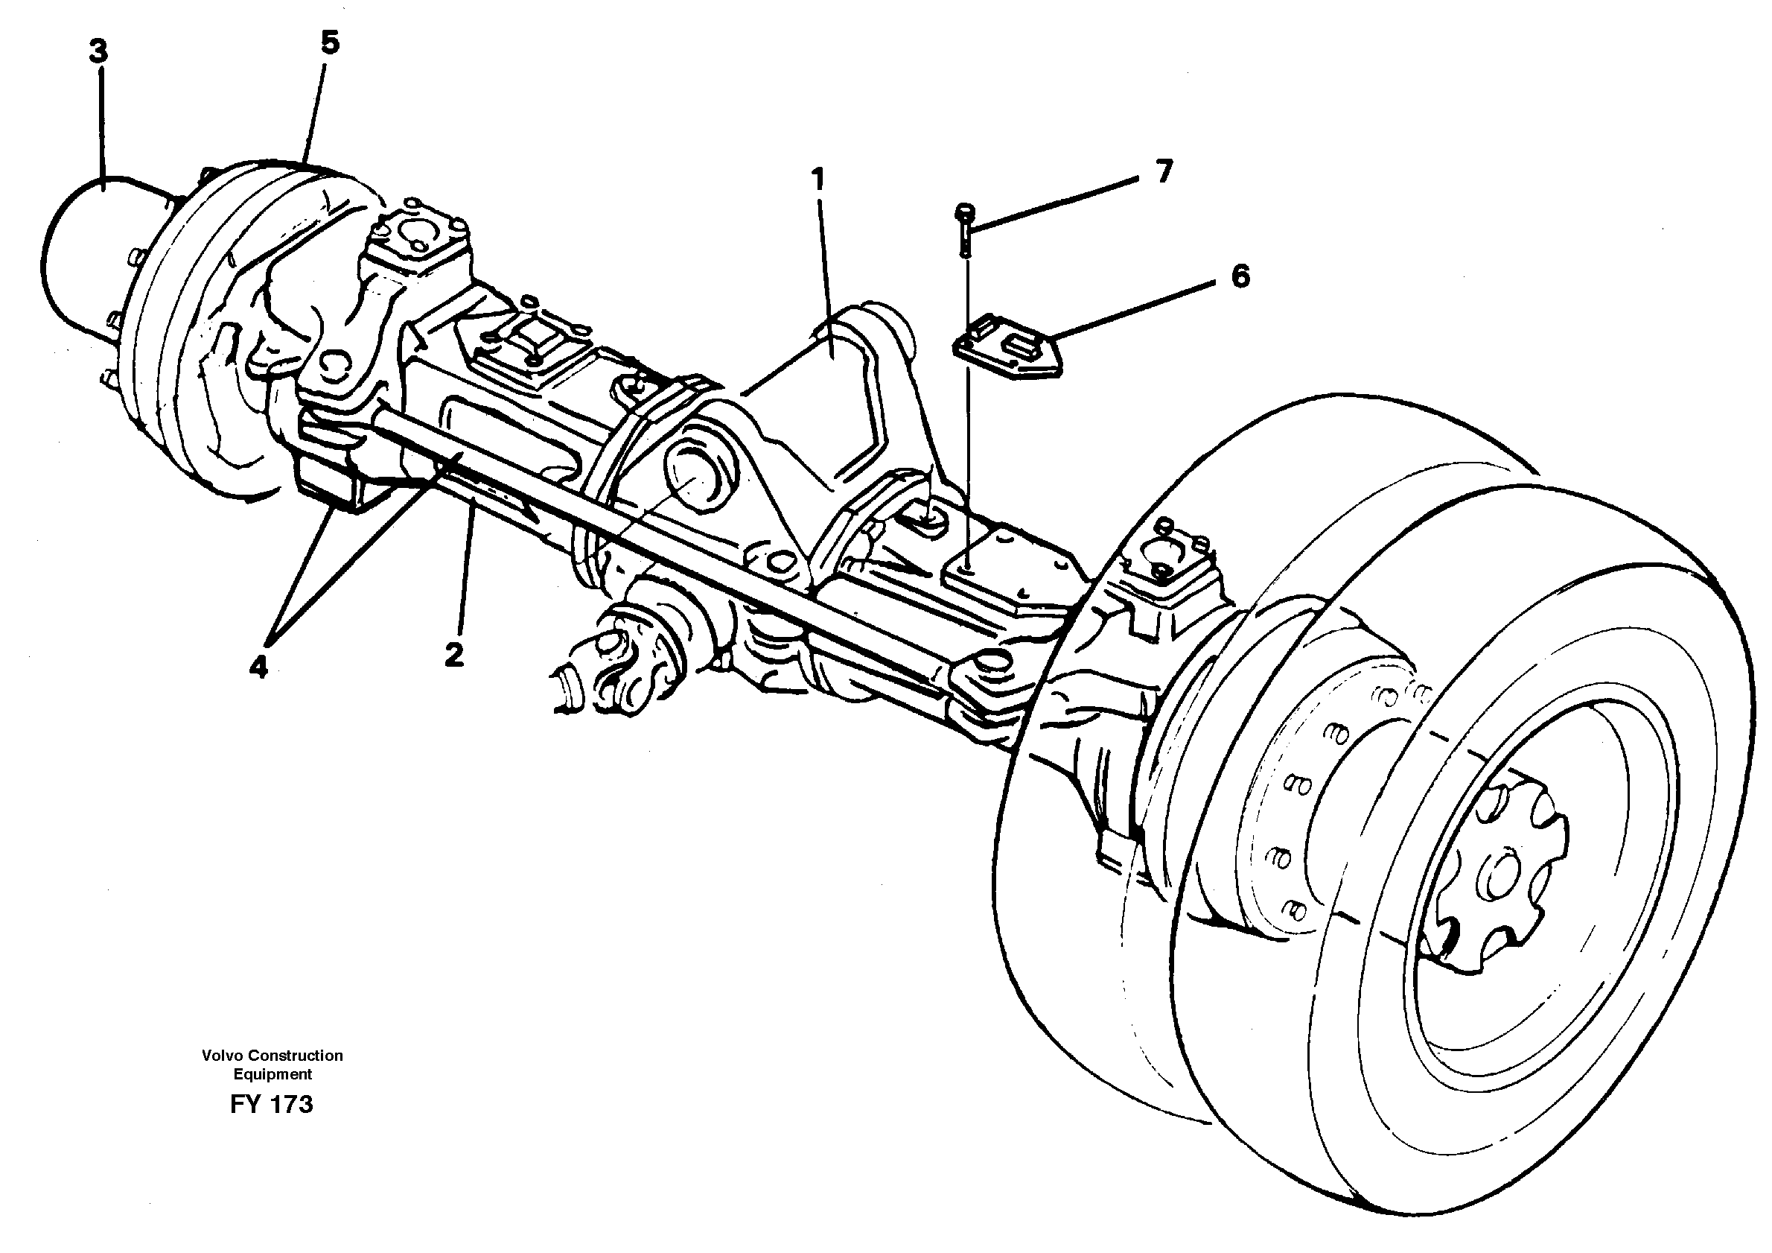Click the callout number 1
tap(818, 180)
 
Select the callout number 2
tap(454, 655)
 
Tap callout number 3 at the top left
tap(98, 51)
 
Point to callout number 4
tap(258, 665)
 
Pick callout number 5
tap(330, 43)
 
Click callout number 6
tap(1240, 276)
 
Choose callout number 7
tap(1164, 171)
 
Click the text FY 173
tap(272, 1105)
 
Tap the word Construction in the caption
tap(297, 1056)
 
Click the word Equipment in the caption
tap(273, 1074)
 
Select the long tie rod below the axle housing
tap(656, 533)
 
